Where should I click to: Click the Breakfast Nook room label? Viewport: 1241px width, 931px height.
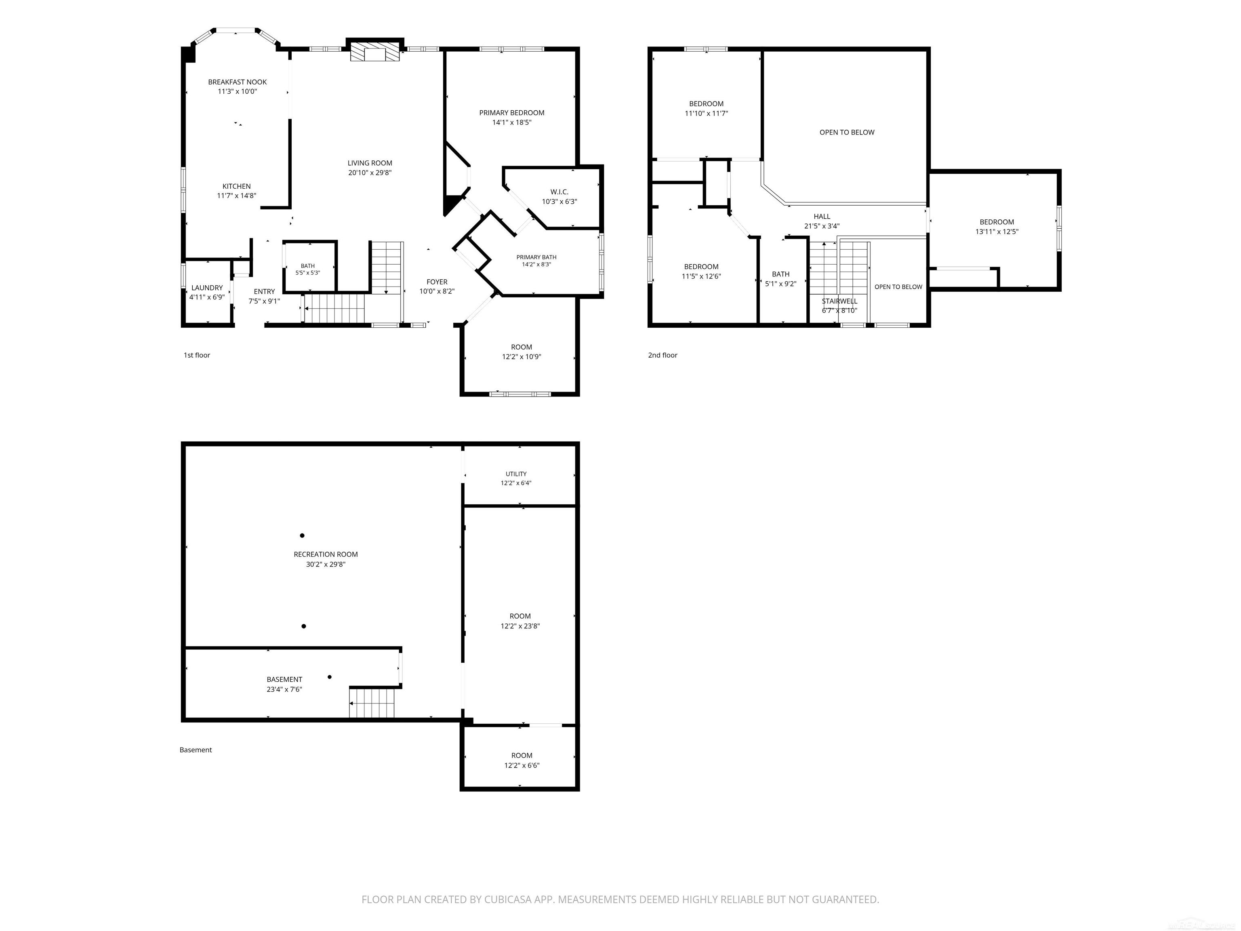[x=237, y=82]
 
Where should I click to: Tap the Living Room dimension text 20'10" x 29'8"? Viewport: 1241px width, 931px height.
[x=370, y=173]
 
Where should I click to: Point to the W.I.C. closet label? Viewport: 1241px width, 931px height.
[x=560, y=192]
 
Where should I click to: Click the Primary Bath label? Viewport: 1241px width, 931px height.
[x=536, y=257]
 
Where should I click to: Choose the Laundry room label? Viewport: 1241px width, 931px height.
[x=207, y=288]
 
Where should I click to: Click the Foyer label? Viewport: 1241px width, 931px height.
[x=437, y=282]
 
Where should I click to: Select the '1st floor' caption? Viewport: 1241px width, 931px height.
[x=197, y=355]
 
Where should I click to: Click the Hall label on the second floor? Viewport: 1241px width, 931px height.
[x=822, y=217]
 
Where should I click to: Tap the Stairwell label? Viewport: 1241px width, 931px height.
[x=840, y=301]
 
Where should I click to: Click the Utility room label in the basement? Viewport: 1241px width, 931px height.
[x=516, y=474]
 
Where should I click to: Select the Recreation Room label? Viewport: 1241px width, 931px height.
[x=325, y=554]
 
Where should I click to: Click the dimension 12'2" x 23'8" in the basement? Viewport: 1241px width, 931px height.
[x=520, y=626]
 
